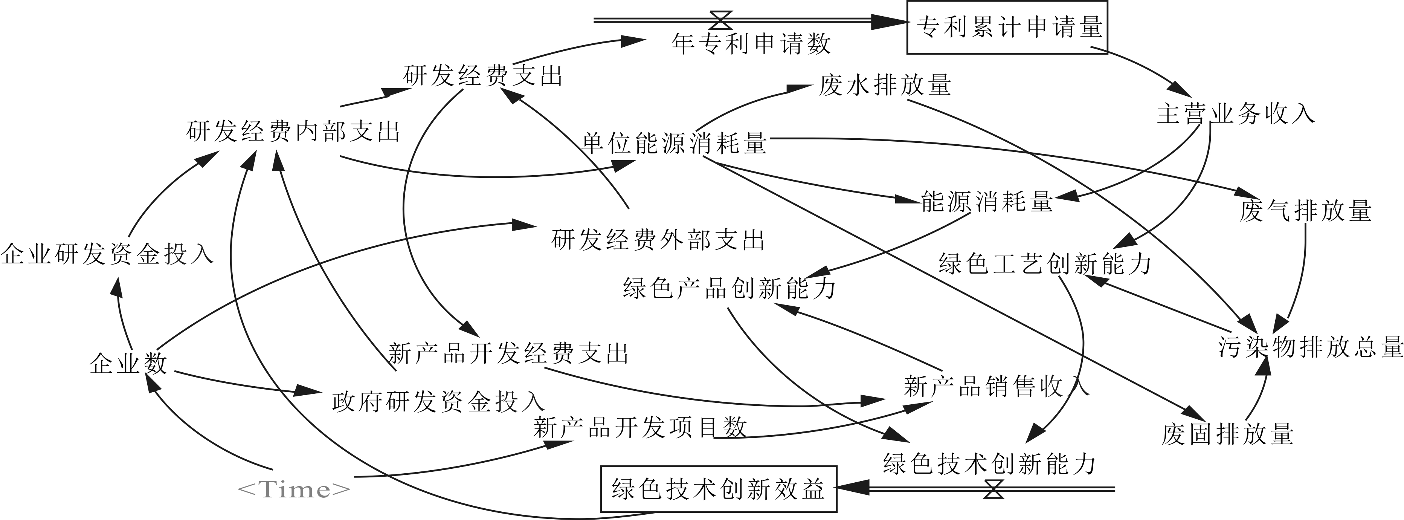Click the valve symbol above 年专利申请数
point(721,21)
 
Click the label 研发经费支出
point(483,75)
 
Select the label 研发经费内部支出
point(293,132)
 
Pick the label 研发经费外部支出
point(658,240)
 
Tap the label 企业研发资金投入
point(107,254)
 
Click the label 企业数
point(129,363)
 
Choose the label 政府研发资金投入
point(438,402)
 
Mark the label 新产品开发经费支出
point(508,353)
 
